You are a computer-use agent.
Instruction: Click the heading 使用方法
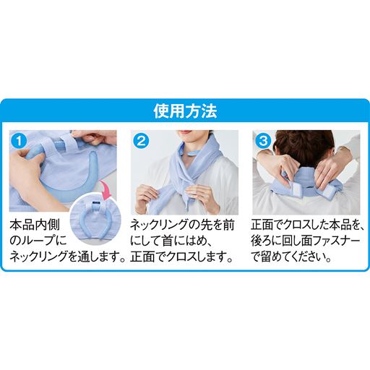(x=185, y=111)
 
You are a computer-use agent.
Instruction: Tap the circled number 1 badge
(x=19, y=141)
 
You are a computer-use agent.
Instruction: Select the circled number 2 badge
(x=141, y=141)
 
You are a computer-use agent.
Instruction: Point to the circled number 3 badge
(x=263, y=141)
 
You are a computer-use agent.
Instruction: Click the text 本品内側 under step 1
(x=35, y=225)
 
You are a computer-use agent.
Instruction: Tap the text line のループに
(x=38, y=241)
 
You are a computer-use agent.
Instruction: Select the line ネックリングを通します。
(x=68, y=257)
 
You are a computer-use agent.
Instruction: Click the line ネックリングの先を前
(x=182, y=225)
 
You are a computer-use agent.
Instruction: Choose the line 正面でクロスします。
(x=182, y=257)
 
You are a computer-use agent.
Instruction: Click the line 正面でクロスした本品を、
(x=307, y=225)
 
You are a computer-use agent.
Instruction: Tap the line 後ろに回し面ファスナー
(x=306, y=241)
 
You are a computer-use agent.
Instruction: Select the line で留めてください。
(x=291, y=257)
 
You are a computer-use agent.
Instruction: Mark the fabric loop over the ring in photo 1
(x=57, y=147)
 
